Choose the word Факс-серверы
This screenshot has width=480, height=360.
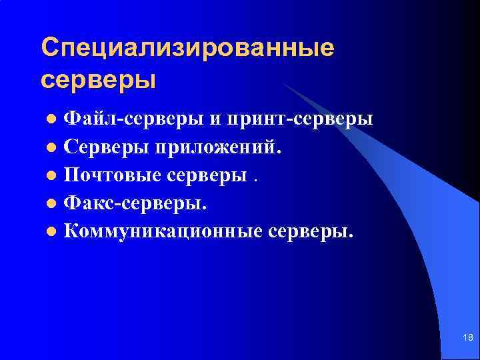(135, 203)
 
